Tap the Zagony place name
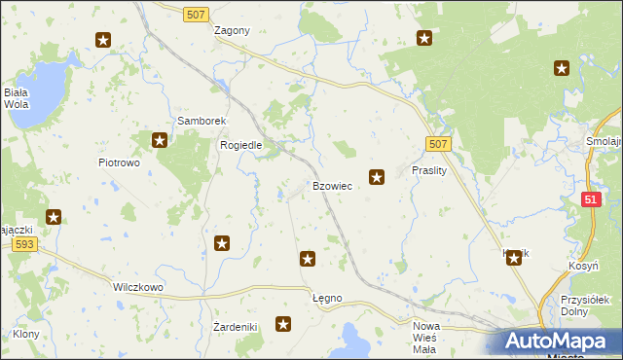coord(232,30)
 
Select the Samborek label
coord(201,121)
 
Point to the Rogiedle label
coord(241,145)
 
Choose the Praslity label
coord(428,169)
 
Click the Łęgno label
coord(327,297)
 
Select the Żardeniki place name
coord(235,326)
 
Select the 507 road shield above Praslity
coord(438,144)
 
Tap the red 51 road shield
coord(591,198)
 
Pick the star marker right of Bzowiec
coord(377,177)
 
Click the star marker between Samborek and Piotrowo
coord(161,140)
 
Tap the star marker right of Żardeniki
coord(283,324)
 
